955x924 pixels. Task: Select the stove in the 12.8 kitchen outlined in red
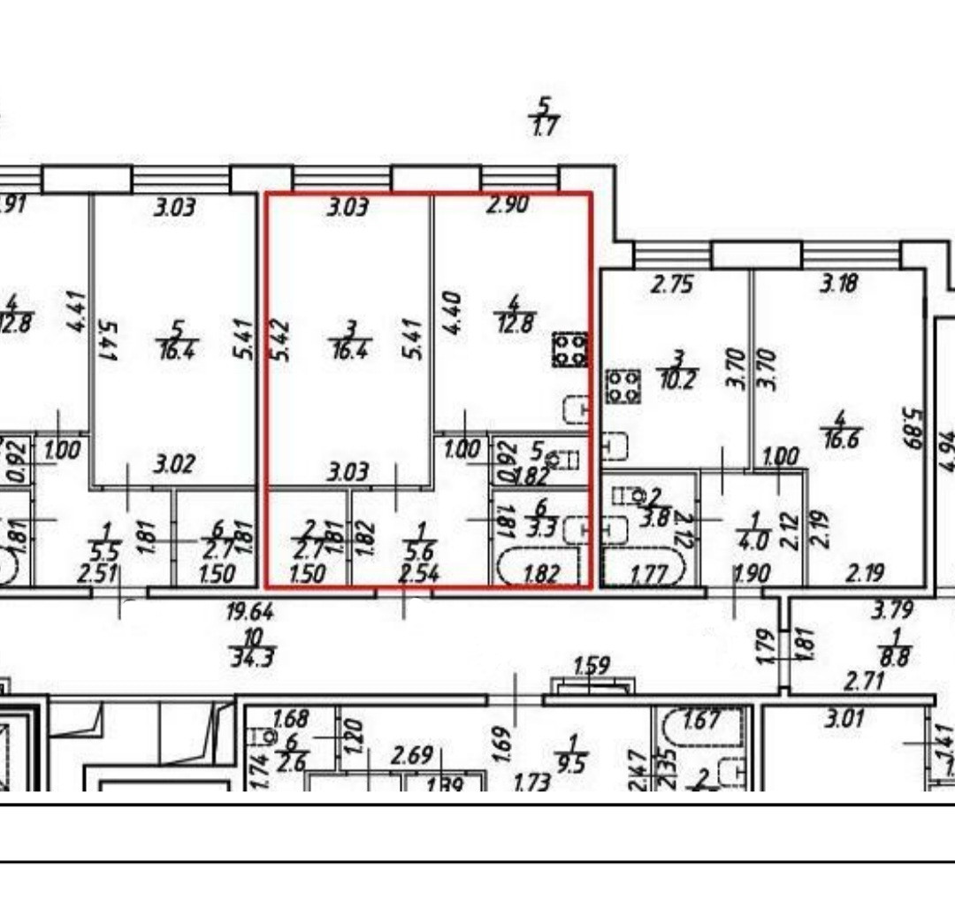(x=570, y=348)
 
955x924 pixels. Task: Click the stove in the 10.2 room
(x=623, y=386)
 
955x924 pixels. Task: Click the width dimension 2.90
(x=508, y=204)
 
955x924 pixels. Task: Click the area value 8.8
(x=900, y=659)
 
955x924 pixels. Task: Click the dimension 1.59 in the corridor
(x=592, y=665)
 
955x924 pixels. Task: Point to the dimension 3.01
(x=844, y=719)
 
